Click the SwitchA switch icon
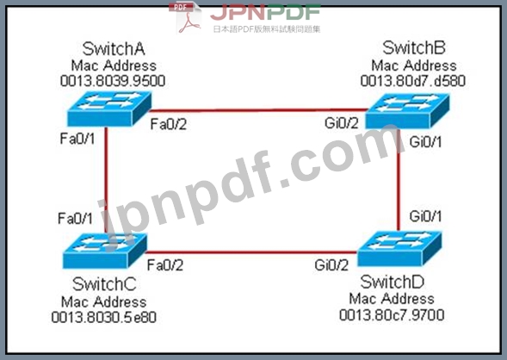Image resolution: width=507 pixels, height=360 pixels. (x=109, y=109)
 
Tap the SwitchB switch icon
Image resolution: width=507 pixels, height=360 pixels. (x=407, y=110)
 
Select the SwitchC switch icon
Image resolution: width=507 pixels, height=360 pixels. (x=105, y=251)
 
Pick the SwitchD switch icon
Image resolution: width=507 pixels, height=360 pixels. (x=399, y=248)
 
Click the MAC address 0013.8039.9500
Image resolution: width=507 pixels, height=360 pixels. (x=113, y=81)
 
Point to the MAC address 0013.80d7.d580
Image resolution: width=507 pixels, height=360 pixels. (x=413, y=81)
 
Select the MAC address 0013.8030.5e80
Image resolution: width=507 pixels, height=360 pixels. (x=104, y=317)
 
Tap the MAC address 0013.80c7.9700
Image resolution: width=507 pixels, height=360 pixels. (x=392, y=315)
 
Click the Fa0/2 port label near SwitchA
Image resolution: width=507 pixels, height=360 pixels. (x=169, y=125)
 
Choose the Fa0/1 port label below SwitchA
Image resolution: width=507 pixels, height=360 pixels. (x=77, y=139)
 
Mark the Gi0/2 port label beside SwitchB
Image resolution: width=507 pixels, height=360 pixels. (x=342, y=123)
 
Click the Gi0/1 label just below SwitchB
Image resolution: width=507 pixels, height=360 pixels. (x=425, y=142)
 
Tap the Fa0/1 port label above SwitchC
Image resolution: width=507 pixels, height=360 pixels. (x=76, y=219)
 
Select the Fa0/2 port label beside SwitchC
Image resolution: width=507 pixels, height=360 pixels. (x=165, y=265)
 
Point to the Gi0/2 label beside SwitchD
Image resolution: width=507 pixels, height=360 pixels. (x=331, y=265)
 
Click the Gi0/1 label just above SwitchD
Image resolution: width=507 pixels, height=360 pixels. (x=425, y=216)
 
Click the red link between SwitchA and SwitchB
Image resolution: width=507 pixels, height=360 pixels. (x=258, y=110)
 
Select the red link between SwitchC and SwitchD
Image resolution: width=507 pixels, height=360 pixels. (x=251, y=252)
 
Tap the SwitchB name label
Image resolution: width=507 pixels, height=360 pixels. (x=414, y=48)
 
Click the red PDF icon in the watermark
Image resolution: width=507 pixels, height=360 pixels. (x=185, y=17)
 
